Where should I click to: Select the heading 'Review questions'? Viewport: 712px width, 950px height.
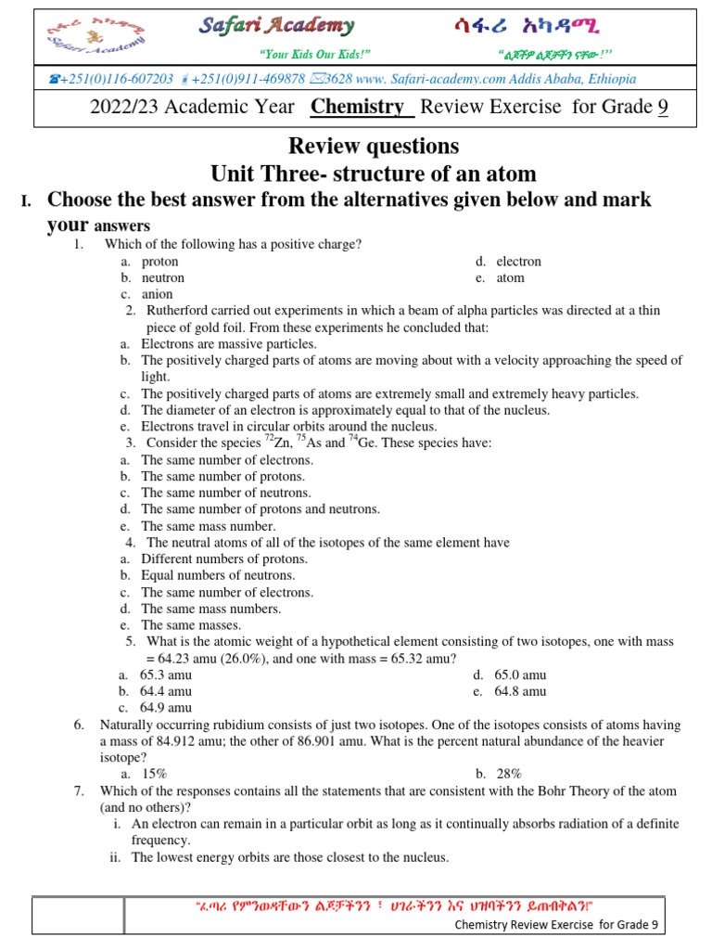click(x=374, y=146)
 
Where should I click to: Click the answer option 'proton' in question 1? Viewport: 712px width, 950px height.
click(x=159, y=262)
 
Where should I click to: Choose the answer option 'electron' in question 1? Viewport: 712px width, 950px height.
click(x=518, y=262)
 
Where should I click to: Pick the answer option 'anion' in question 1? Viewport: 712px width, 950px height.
click(x=157, y=295)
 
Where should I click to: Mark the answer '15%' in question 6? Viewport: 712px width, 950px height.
click(x=155, y=774)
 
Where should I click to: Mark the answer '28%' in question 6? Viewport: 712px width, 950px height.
click(x=509, y=774)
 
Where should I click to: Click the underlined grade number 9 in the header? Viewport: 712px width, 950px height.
click(x=663, y=107)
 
